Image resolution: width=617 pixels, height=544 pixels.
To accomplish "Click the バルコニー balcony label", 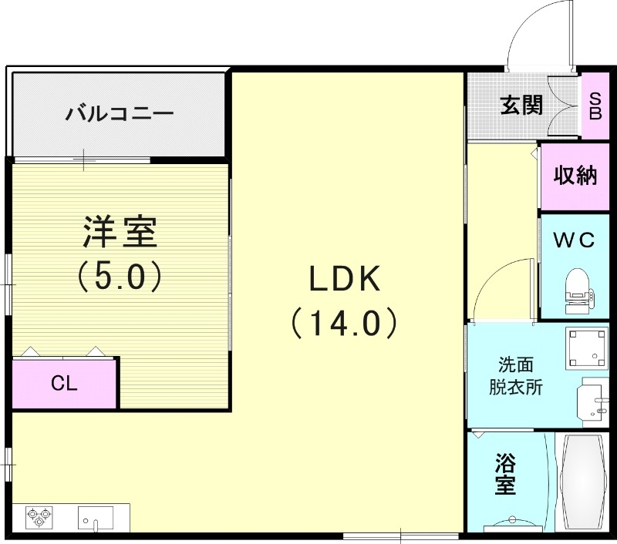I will pos(120,115).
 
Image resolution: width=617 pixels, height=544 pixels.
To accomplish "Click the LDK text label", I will pos(345,279).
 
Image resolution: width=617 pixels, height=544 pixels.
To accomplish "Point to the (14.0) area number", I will pos(344,323).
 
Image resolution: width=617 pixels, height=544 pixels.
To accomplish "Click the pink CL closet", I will pos(65,383).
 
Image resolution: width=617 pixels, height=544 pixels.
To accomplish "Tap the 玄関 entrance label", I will pos(521,105).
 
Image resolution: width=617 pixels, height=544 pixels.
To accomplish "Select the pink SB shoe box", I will pos(595,106).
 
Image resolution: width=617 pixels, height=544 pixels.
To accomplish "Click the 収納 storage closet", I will pos(575,176).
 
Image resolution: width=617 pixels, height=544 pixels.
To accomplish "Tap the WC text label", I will pos(575,240).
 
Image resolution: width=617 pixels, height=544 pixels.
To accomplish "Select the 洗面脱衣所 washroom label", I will pos(515,375).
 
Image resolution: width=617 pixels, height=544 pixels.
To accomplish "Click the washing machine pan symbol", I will pos(587,348).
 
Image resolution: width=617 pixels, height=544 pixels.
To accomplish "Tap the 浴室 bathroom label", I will pos(505,475).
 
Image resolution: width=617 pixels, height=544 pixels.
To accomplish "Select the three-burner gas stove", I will pos(38,516).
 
